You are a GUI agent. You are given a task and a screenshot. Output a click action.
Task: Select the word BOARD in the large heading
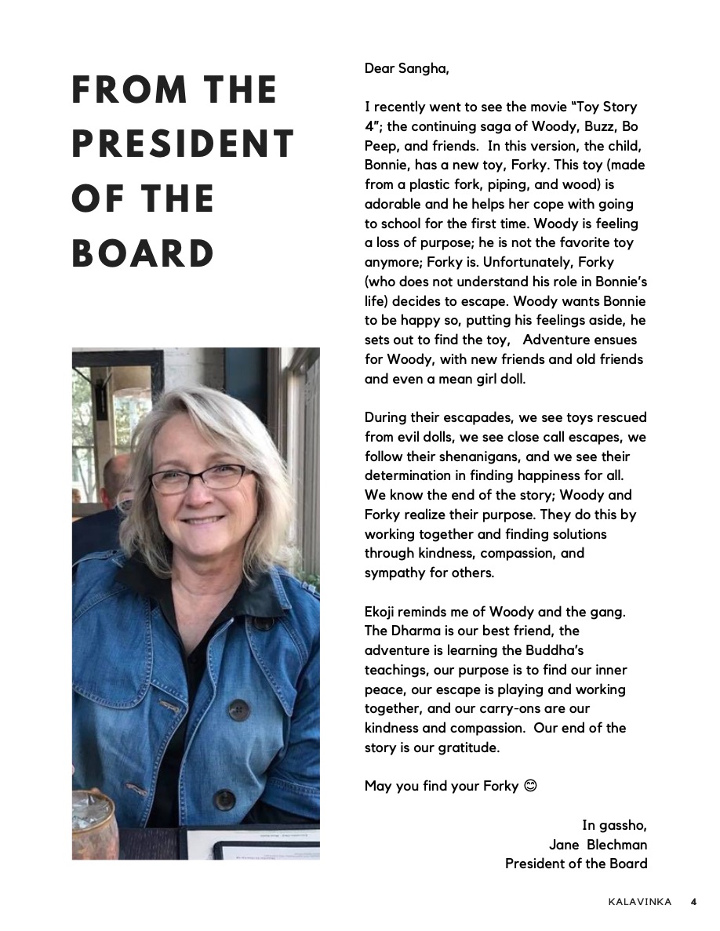tap(143, 254)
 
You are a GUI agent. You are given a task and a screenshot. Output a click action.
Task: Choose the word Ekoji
tap(383, 611)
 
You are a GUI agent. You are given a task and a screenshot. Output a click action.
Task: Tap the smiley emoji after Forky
tap(530, 786)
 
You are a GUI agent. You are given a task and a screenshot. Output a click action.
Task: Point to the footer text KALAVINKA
tap(639, 902)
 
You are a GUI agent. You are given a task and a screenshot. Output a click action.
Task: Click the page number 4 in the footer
tap(693, 902)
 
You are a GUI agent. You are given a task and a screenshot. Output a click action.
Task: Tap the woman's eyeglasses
tap(199, 477)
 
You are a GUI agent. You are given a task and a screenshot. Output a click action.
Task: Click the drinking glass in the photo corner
tap(92, 824)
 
